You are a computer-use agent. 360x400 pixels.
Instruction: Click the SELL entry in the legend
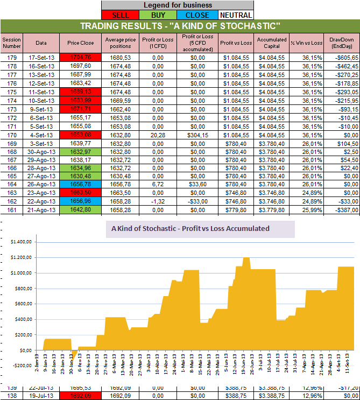[x=120, y=15]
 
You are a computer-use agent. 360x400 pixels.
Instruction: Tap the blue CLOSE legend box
[x=197, y=15]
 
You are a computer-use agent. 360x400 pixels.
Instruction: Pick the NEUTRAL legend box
[x=235, y=15]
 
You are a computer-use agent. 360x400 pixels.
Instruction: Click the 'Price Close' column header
[x=80, y=43]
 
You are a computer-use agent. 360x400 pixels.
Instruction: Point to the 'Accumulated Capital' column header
[x=271, y=43]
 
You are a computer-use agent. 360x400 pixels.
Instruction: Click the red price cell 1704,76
[x=80, y=57]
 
